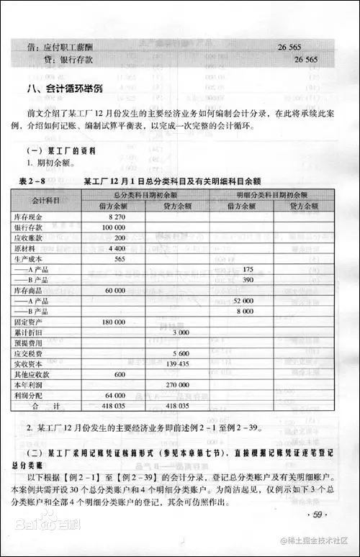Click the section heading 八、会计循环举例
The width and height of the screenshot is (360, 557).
tap(68, 89)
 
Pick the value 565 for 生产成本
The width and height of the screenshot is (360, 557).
tap(120, 258)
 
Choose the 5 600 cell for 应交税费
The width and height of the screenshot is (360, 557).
tap(180, 353)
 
